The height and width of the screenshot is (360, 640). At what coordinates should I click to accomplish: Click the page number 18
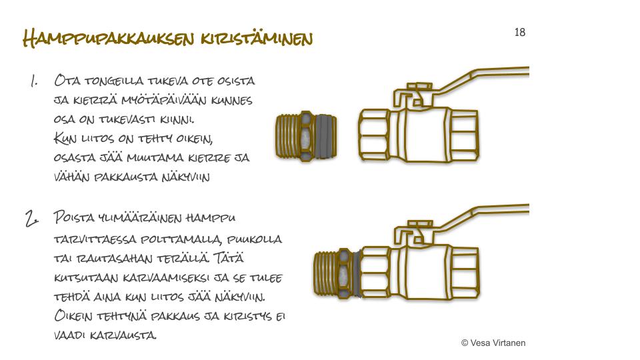[519, 32]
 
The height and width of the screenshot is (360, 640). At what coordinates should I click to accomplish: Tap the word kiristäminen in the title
[257, 39]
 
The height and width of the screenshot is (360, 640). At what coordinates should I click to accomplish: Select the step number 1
[34, 81]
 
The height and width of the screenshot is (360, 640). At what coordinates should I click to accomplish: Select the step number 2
[32, 218]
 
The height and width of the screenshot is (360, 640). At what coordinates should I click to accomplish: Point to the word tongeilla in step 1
[114, 81]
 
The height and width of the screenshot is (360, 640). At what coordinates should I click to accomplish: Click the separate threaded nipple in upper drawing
[306, 136]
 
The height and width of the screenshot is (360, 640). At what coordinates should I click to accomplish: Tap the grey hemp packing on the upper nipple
[325, 136]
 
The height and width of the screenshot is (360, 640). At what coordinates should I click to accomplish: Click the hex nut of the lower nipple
[345, 273]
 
